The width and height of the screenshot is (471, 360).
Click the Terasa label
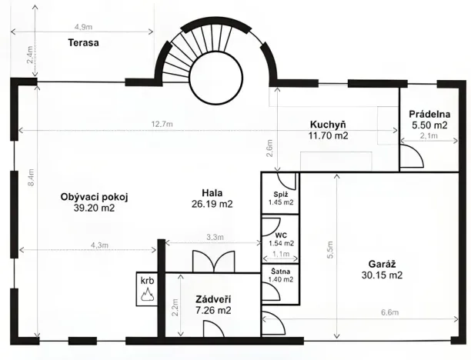(x=82, y=43)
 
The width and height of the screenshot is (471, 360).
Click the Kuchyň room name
(x=328, y=124)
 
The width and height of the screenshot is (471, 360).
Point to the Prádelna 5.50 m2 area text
(x=429, y=125)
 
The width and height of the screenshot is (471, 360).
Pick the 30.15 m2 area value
(x=382, y=274)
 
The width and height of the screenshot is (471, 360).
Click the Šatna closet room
(x=280, y=275)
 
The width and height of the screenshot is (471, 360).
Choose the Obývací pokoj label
(x=94, y=197)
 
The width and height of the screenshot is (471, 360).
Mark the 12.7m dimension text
(x=162, y=124)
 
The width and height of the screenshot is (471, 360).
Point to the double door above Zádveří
(x=212, y=260)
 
